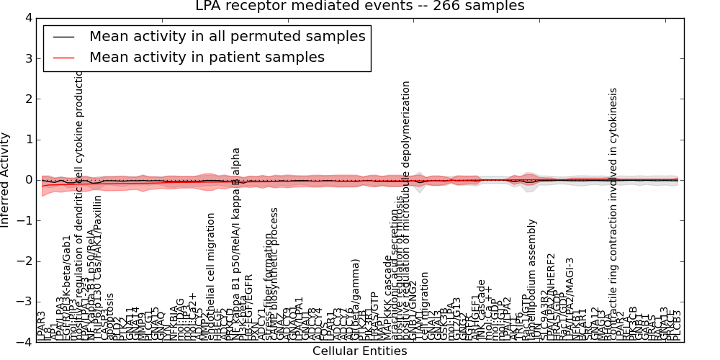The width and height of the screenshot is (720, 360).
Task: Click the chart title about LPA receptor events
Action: click(x=359, y=6)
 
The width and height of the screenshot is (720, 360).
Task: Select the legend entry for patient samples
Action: click(x=207, y=57)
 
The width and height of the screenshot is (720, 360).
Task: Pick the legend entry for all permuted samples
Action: click(x=227, y=36)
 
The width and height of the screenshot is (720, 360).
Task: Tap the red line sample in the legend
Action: click(x=63, y=58)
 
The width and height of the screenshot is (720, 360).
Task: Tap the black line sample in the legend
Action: click(x=63, y=37)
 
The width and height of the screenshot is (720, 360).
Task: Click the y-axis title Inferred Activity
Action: click(x=6, y=180)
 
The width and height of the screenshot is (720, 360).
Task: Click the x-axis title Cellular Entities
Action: click(x=359, y=351)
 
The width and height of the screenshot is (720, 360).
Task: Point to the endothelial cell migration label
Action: click(x=211, y=274)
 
